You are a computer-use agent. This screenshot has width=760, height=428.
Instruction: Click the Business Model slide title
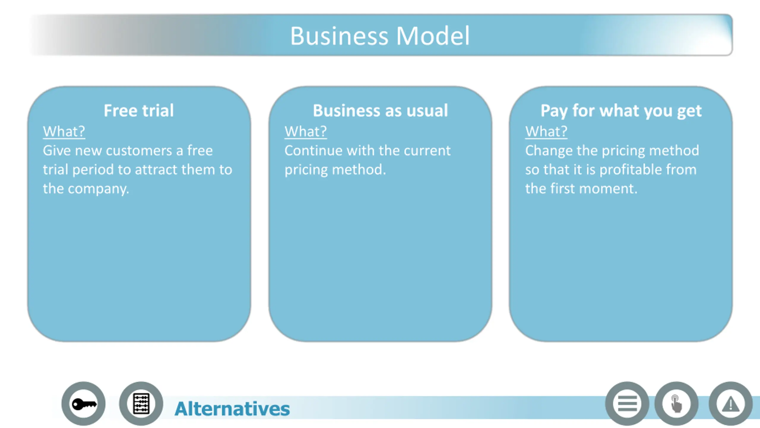pos(380,36)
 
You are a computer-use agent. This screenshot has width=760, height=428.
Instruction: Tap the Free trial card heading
pos(139,111)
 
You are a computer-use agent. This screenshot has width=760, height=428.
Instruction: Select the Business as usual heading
pos(380,111)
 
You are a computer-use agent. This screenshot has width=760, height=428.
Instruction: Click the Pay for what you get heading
pos(621,111)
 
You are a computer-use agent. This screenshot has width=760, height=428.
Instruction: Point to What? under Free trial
pos(64,131)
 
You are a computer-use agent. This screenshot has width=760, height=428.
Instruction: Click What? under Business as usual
pos(305,131)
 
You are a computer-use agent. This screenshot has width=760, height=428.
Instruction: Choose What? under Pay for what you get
pos(546,131)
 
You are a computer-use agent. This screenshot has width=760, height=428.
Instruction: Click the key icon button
pos(83,404)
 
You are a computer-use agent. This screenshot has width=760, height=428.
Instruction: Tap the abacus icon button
pos(141,404)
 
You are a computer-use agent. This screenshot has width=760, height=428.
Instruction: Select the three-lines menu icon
pos(627,404)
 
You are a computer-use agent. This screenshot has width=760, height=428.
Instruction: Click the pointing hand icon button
pos(676,404)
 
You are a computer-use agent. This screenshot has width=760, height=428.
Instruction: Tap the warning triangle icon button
pos(731,404)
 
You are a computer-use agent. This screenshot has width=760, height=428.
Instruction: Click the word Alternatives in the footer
pos(232,409)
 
